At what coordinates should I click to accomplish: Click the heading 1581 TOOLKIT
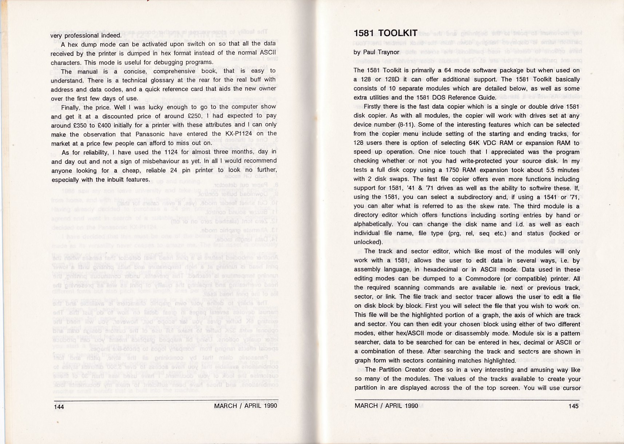pos(385,33)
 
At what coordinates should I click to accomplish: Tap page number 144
pos(59,407)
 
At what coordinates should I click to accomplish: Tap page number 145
pos(573,406)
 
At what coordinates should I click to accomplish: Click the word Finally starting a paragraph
pos(72,108)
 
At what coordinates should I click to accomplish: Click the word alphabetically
pos(374,224)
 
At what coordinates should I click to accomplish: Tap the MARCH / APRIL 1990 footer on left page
pos(246,406)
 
